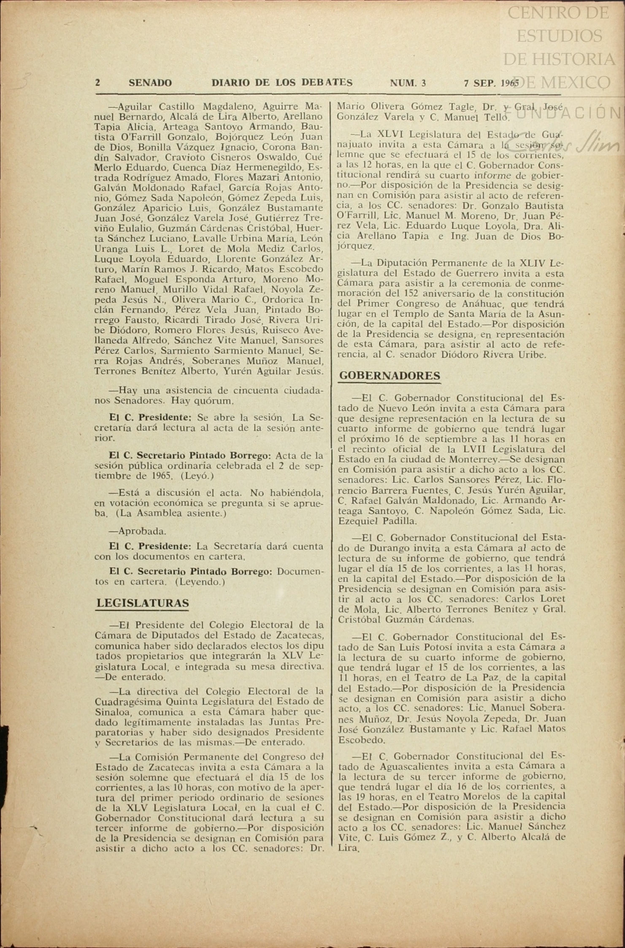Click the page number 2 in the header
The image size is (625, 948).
(98, 83)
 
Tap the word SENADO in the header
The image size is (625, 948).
(150, 83)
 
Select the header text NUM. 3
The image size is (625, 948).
(408, 83)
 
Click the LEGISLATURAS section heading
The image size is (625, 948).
(143, 603)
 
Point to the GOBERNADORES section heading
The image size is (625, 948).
(390, 375)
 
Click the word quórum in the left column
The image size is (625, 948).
(216, 400)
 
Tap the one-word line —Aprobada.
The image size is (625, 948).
(138, 531)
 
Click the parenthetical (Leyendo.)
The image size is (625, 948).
(200, 581)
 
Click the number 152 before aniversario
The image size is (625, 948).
(411, 293)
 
